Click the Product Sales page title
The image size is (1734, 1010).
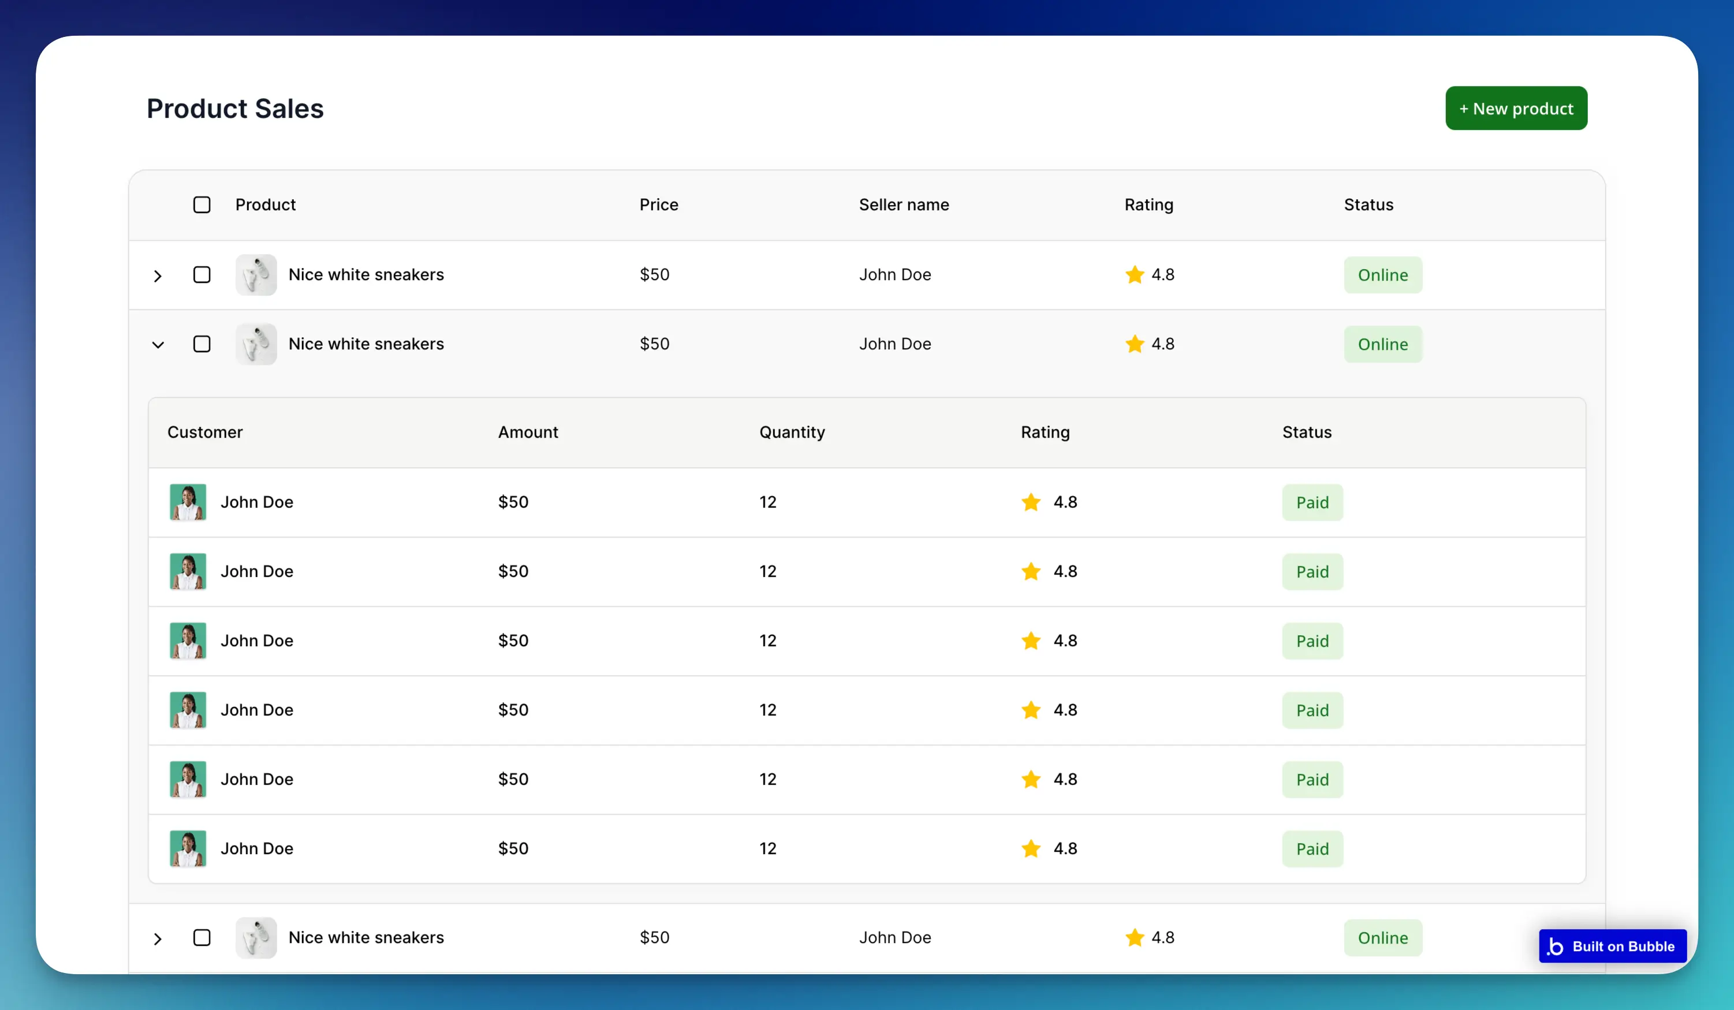point(234,109)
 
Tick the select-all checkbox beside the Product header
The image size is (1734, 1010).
point(202,205)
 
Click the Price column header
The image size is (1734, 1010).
point(658,205)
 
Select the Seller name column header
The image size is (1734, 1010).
point(904,205)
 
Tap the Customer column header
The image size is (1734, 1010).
point(205,432)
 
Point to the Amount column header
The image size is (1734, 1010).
point(528,432)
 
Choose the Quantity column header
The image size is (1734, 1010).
point(792,432)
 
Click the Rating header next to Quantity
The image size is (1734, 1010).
point(1045,432)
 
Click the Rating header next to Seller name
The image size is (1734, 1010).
point(1149,205)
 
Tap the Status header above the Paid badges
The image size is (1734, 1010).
point(1307,432)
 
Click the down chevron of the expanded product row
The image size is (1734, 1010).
point(158,345)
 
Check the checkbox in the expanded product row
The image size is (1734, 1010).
point(202,344)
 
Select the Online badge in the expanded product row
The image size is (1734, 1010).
point(1383,344)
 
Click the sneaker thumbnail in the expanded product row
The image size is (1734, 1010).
point(256,344)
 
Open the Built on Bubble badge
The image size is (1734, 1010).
point(1612,946)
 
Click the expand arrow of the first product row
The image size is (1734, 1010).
point(158,276)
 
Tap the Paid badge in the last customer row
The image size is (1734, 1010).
point(1312,848)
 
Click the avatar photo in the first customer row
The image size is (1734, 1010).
point(188,502)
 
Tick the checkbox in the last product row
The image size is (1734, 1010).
point(202,938)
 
